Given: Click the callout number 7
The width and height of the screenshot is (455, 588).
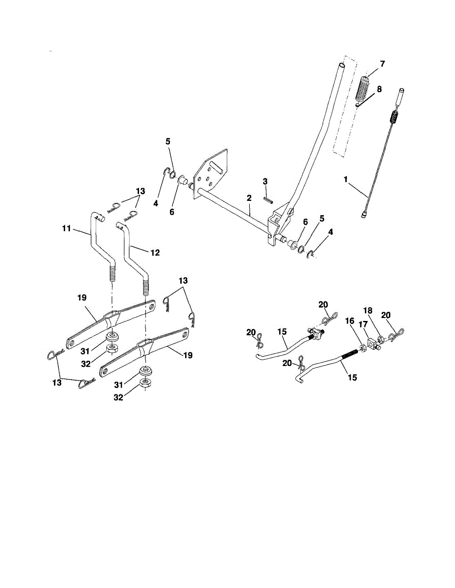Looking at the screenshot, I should click(382, 64).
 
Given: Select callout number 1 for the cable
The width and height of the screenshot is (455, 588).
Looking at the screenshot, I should click(346, 180).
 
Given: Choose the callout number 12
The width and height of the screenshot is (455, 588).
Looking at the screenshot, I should click(155, 253).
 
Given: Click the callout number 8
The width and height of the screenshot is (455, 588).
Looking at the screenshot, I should click(379, 89).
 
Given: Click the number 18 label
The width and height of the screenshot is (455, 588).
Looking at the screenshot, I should click(368, 311).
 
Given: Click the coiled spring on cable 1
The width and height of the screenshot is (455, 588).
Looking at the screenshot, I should click(394, 118).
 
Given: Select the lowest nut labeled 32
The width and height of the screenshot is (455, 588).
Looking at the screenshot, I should click(145, 383).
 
